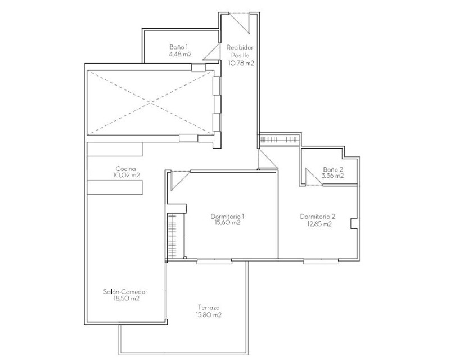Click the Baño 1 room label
point(178,47)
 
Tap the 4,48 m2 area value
point(180,54)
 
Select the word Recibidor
point(240,47)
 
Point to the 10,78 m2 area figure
point(241,63)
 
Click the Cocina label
point(125,169)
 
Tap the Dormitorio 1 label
point(228,216)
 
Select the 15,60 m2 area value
point(227,223)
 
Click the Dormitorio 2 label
point(318,217)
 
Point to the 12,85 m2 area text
point(319,224)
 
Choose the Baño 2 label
point(333,169)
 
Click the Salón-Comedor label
point(125,292)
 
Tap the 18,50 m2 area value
point(126,299)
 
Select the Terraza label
point(209,308)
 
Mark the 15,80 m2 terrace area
point(209,315)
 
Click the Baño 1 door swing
point(211,52)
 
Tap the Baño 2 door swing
point(313,177)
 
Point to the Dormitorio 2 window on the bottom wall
point(321,261)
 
